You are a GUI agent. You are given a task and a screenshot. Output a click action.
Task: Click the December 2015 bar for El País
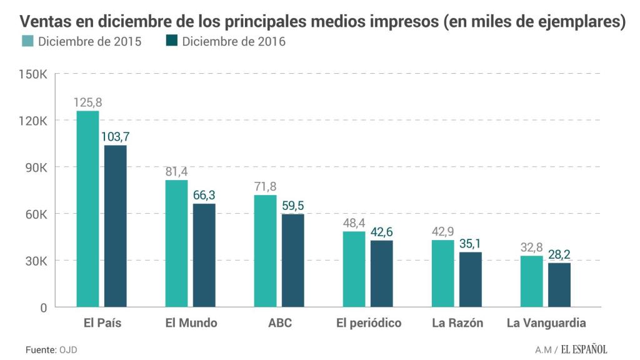[x=87, y=209]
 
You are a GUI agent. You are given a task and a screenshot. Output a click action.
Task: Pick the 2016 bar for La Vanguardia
[x=559, y=285]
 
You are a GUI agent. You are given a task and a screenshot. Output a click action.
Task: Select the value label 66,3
[x=204, y=196]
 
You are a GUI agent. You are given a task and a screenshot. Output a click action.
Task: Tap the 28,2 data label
[x=559, y=254]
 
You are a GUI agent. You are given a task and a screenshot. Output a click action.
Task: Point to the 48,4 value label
[x=354, y=223]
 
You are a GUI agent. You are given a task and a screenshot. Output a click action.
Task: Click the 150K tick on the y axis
[x=33, y=74]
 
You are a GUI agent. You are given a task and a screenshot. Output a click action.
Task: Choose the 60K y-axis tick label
[x=36, y=214]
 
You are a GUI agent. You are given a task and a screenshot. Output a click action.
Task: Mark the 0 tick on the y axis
[x=43, y=307]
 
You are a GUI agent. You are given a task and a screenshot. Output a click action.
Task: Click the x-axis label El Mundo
[x=191, y=323]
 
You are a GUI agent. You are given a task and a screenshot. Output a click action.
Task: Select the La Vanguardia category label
[x=546, y=323]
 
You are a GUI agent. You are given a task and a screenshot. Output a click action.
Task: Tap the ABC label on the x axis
[x=279, y=323]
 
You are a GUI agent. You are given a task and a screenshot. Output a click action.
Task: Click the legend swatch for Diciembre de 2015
[x=27, y=42]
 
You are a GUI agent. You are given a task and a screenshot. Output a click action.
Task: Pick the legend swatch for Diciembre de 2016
[x=172, y=42]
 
